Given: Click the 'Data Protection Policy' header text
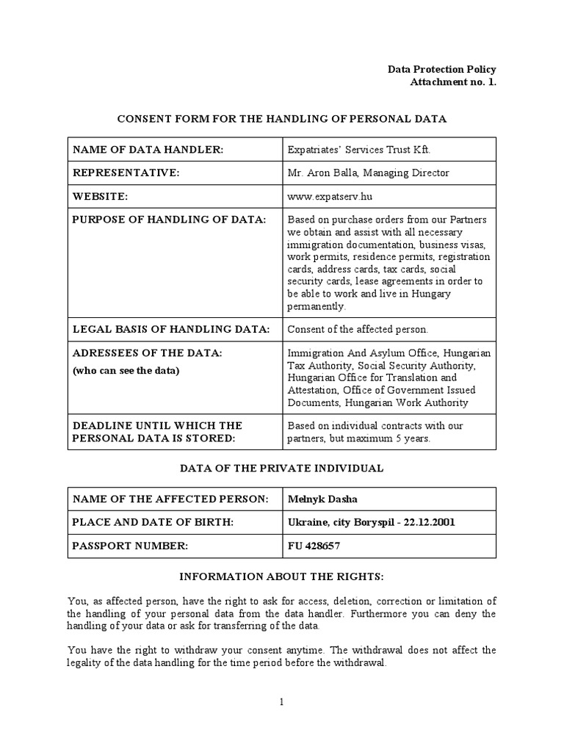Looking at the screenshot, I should pos(442,69).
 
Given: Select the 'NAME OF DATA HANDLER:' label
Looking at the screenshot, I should pos(148,150).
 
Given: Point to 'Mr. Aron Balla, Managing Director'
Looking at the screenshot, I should pos(368,173).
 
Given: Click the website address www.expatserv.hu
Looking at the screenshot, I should pos(325,196).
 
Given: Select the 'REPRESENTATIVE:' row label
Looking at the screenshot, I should pos(126,173).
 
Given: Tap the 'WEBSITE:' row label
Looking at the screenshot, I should pos(101,196).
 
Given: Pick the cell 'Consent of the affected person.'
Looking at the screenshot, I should pos(357,328).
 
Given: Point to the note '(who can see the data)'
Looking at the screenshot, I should pos(126,370).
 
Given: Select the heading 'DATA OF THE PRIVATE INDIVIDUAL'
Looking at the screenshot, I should pos(282,468).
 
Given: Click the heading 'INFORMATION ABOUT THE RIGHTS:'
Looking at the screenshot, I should pos(282,576).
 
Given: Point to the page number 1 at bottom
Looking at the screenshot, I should pos(281,702).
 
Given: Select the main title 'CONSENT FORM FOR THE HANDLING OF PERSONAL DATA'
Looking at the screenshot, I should pos(282,117).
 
